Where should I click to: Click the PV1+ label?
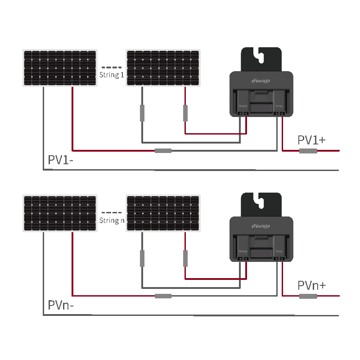(x=311, y=140)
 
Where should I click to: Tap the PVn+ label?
(x=311, y=285)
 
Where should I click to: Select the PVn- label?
(x=61, y=306)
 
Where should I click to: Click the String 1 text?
(x=111, y=75)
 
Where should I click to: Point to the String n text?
(x=111, y=220)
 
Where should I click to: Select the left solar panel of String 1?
(x=60, y=68)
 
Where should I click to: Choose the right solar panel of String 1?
(x=163, y=68)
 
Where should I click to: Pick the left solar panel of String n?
(x=60, y=213)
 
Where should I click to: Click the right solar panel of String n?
(x=163, y=213)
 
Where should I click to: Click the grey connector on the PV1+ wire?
(x=308, y=151)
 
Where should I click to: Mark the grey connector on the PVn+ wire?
(x=308, y=296)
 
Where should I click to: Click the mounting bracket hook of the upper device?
(x=261, y=57)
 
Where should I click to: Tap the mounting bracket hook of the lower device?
(x=261, y=202)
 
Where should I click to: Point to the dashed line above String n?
(x=111, y=212)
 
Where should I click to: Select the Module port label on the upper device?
(x=243, y=106)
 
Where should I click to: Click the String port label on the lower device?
(x=279, y=252)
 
